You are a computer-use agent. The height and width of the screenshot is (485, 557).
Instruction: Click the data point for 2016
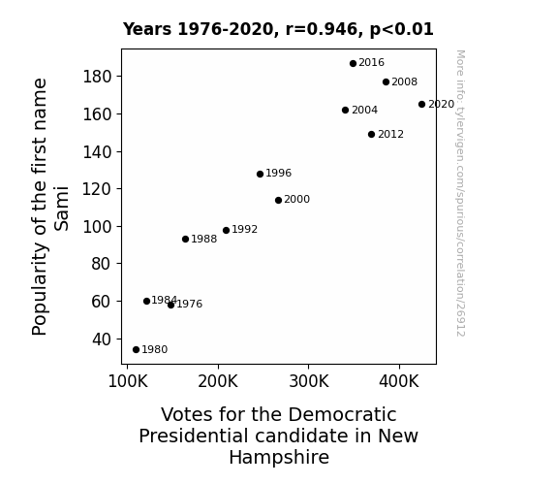coord(353,64)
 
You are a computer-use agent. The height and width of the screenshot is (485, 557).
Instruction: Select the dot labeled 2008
coord(387,82)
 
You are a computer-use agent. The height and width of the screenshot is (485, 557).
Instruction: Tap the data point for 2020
coord(421,104)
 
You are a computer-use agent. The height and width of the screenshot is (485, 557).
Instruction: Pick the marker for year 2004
coord(345,111)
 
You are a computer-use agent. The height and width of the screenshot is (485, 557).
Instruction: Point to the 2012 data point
coord(372,135)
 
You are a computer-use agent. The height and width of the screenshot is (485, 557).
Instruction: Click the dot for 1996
coord(260,174)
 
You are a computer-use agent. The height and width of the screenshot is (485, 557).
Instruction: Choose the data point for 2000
coord(279,201)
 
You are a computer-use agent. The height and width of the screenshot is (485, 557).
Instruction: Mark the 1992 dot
coord(227,230)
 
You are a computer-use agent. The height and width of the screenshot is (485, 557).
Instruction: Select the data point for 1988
coord(185,240)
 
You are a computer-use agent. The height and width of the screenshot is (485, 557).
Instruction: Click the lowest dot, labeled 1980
coord(136,350)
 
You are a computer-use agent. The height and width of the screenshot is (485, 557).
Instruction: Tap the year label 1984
coord(164,301)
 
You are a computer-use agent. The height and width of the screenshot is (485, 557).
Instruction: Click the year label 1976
coord(189,304)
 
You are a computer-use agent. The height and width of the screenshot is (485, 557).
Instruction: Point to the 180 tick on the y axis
coord(97,77)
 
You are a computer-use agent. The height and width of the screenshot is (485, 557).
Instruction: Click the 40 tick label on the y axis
coord(102,339)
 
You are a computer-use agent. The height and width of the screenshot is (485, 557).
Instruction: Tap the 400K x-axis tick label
coord(399,381)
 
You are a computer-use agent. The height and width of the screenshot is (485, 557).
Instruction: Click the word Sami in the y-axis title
coord(61,209)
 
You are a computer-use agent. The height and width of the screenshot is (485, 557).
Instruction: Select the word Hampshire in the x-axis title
coord(279,458)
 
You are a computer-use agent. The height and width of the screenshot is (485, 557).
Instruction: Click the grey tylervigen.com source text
coord(460,193)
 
